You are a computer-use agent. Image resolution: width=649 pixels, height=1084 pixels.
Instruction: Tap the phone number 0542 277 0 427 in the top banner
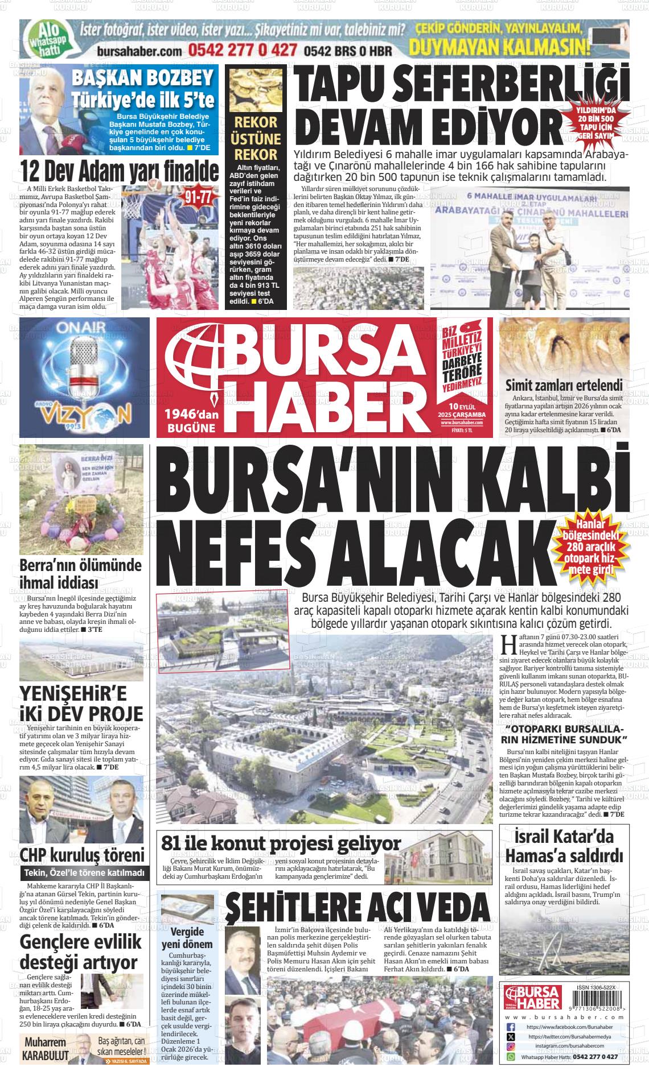[243, 50]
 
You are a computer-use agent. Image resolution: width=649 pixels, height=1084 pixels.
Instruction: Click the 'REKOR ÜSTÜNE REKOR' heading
[256, 138]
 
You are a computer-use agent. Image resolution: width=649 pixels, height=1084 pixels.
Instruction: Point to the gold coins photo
[256, 88]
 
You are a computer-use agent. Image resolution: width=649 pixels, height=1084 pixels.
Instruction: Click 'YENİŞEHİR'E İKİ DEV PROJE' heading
[81, 704]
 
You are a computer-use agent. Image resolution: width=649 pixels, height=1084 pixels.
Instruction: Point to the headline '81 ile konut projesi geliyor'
[281, 843]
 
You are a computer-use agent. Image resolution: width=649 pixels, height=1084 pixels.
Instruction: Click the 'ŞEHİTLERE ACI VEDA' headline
[358, 908]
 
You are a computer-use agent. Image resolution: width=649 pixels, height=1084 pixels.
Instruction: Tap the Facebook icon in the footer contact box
[511, 1027]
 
